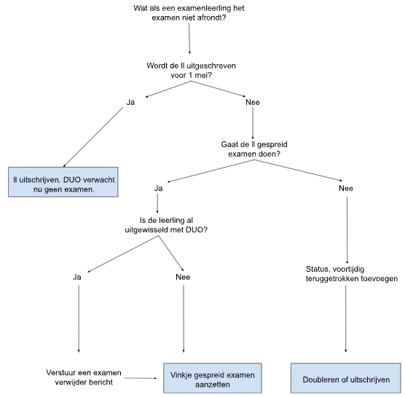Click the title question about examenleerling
point(189,13)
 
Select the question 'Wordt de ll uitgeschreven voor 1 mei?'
point(191,70)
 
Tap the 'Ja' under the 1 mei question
point(130,102)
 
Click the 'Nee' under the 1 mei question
point(253,102)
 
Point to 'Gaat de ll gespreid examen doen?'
point(254,149)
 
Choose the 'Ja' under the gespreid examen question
point(158,188)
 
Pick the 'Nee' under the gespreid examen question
point(346,188)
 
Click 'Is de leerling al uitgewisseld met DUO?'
point(166,225)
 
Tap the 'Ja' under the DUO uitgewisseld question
point(77,277)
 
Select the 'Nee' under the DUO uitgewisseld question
point(183,277)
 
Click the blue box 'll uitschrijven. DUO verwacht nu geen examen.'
point(63,182)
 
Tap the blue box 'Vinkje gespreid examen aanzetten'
point(213,378)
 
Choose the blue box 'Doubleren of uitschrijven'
point(346,378)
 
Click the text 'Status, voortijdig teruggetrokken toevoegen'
point(352,274)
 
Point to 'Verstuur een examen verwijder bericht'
point(84,377)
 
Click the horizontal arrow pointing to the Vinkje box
point(141,378)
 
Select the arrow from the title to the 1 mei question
point(189,39)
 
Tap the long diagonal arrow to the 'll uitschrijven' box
point(93,137)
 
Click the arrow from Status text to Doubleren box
point(346,318)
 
